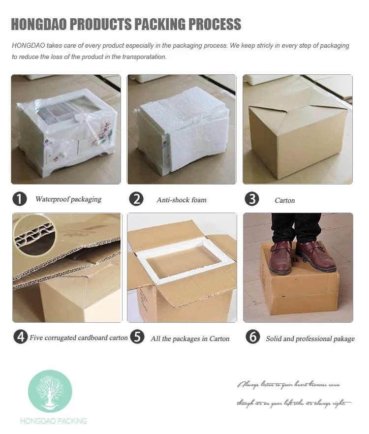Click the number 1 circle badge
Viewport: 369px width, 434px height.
[x=19, y=199]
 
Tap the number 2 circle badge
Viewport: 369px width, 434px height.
[x=136, y=199]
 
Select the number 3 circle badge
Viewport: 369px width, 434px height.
[x=252, y=199]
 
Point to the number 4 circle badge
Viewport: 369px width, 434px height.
[x=20, y=337]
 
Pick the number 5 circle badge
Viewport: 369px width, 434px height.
[x=138, y=337]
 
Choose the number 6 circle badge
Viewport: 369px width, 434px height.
[x=252, y=337]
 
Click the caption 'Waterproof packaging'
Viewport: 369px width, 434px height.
[x=68, y=199]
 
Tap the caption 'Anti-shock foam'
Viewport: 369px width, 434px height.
[x=182, y=200]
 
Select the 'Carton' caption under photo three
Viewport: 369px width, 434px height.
[x=285, y=200]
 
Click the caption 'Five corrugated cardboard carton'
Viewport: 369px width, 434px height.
[x=79, y=338]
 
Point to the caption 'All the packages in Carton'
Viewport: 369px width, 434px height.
[x=190, y=339]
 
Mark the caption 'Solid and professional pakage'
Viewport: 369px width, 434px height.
[x=310, y=339]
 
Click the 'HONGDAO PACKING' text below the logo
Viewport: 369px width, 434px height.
[x=53, y=421]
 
